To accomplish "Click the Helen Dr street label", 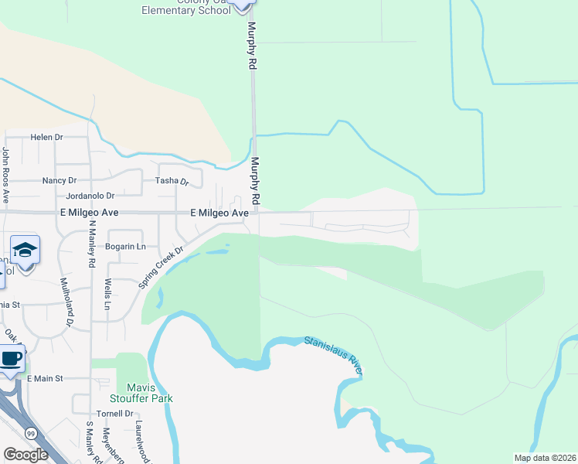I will (x=46, y=138).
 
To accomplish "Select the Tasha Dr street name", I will (x=172, y=181).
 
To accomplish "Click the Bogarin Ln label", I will (x=125, y=247).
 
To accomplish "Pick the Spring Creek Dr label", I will (x=161, y=268).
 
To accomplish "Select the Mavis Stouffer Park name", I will (x=145, y=393).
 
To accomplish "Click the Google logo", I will (x=25, y=455).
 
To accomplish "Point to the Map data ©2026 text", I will (x=544, y=458).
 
